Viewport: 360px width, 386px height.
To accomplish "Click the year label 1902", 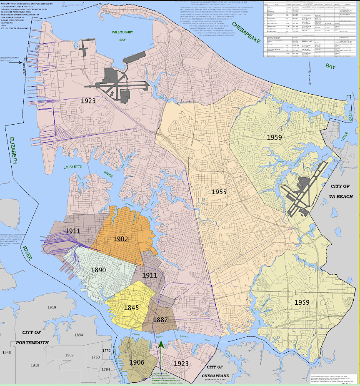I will pos(120,239).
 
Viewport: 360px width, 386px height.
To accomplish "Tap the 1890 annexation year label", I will pos(98,270).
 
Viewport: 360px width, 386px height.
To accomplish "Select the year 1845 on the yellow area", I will pos(131,308).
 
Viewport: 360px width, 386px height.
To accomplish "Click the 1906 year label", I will pos(137,362).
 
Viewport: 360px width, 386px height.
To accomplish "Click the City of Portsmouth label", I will pos(32,337).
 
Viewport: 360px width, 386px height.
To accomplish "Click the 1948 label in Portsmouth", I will pos(7,352).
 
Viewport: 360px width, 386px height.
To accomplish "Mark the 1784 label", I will pos(106,369).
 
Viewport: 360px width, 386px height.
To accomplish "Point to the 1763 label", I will pos(96,357).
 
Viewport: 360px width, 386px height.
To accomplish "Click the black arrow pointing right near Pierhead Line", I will pos(15,63).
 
